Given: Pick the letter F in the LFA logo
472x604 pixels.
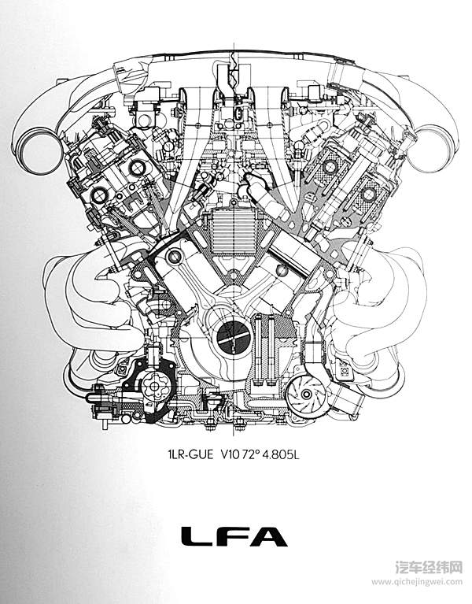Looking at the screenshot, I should click(x=233, y=537).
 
